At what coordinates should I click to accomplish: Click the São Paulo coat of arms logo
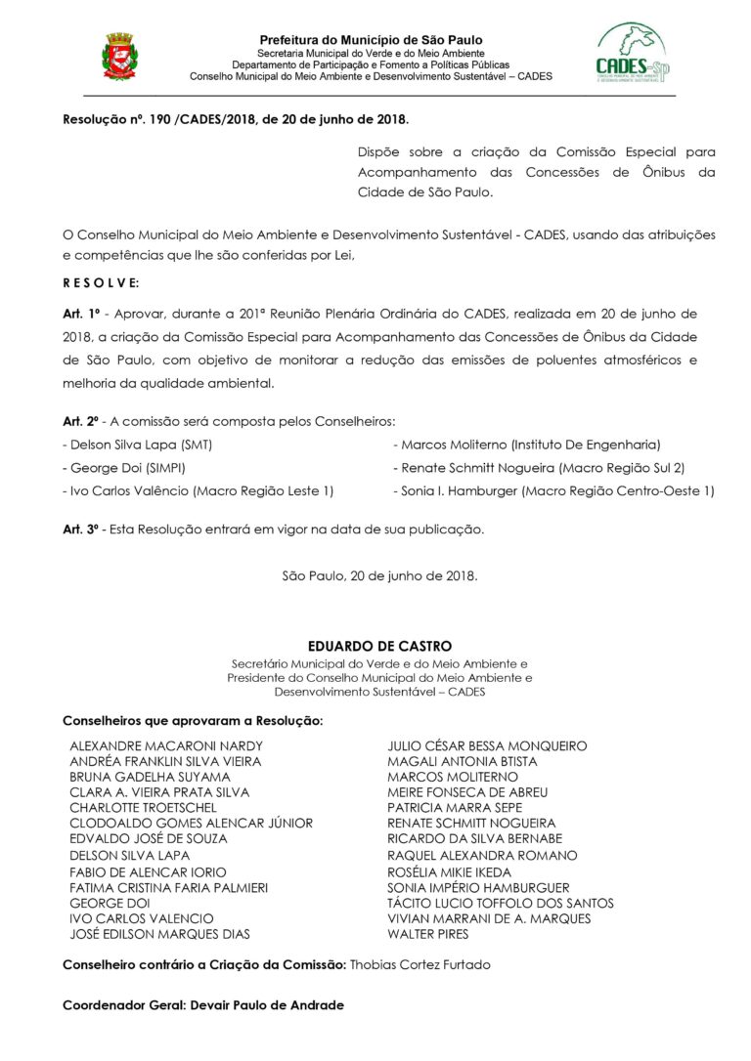(118, 56)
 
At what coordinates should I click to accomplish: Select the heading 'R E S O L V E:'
(101, 282)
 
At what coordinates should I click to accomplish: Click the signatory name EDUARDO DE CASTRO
(379, 646)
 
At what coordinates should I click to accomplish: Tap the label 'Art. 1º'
(82, 314)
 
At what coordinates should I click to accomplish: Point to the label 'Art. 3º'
(82, 530)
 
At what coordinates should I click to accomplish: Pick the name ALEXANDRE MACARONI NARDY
(166, 746)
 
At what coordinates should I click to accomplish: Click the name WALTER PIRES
(427, 934)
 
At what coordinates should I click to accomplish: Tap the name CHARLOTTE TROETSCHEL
(143, 809)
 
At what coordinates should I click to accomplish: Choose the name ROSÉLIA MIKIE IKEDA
(449, 871)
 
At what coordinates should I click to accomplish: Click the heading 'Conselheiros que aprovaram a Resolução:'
(193, 721)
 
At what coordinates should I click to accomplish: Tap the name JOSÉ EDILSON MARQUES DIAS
(159, 934)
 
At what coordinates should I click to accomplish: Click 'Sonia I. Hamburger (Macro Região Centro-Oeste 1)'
(553, 491)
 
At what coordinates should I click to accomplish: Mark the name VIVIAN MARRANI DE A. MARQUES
(489, 918)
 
